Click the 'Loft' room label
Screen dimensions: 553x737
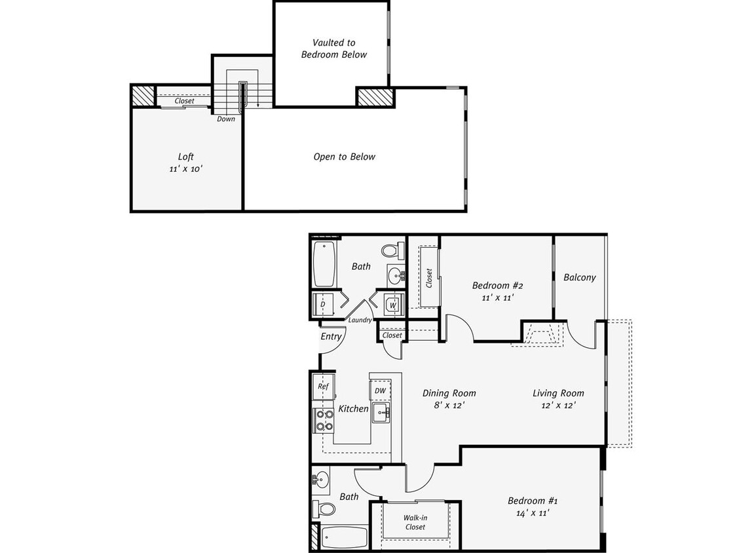pos(186,157)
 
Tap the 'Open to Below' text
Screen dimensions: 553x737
pos(344,157)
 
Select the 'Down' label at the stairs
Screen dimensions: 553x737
pos(226,119)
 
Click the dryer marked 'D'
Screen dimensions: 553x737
pos(323,304)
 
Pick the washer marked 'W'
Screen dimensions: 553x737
pos(392,305)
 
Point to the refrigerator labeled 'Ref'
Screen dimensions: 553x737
pos(323,387)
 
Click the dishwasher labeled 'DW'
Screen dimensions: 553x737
pos(380,391)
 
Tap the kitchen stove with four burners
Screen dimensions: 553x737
pos(324,419)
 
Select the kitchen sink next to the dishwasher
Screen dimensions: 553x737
pos(381,413)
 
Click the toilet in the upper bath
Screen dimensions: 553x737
pos(392,250)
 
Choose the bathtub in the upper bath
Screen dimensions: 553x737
pos(324,265)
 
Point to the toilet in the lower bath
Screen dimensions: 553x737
pos(324,508)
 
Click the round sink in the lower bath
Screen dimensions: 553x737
pos(320,479)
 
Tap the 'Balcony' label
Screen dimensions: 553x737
pos(580,277)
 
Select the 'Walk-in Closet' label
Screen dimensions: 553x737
pos(415,522)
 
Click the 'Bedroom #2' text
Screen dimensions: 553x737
pos(497,286)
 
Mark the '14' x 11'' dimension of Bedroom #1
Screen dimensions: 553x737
pos(532,513)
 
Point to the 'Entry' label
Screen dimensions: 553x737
pos(331,336)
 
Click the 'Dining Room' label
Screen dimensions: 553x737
pos(449,393)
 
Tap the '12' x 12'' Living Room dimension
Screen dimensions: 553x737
pos(557,405)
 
